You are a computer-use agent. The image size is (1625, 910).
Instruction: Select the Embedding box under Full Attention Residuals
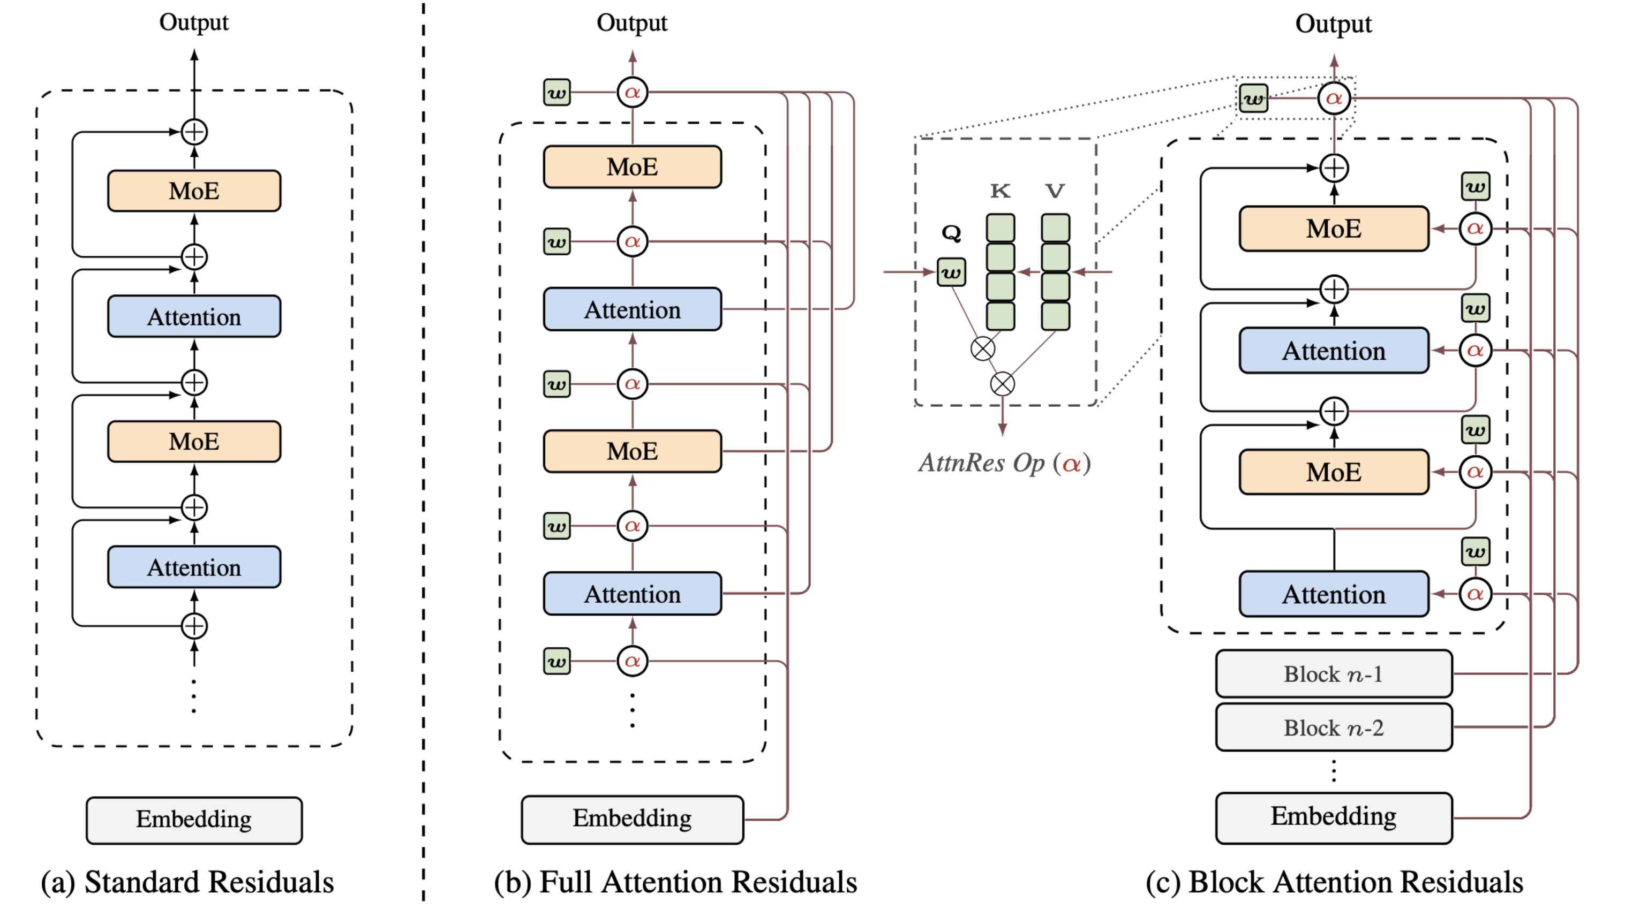coord(632,818)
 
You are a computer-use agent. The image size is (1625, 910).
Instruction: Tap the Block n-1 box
coord(1334,673)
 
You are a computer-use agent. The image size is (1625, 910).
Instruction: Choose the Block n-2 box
coord(1334,727)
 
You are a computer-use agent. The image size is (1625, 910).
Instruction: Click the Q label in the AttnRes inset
coord(951,233)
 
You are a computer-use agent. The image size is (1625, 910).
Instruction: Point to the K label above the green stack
coord(1000,191)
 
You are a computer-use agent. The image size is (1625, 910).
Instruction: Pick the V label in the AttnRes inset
coord(1055,191)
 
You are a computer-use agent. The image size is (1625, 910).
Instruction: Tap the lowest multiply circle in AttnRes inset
coord(1003,383)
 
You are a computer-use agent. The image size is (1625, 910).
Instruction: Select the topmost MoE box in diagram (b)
coord(632,167)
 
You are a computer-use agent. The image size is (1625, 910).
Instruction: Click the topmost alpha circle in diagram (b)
coord(632,93)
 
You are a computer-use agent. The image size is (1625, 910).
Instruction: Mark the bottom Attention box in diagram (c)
coord(1334,594)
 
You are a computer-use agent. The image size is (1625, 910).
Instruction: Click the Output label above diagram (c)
coord(1333,24)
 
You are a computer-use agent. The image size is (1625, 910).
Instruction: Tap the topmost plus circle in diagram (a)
coord(194,132)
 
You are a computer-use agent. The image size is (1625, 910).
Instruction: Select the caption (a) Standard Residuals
coord(187,882)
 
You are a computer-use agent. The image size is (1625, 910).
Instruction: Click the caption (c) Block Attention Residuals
coord(1334,882)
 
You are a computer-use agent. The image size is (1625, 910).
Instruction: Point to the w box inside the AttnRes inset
coord(951,272)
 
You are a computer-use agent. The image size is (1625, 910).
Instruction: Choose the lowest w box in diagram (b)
coord(556,662)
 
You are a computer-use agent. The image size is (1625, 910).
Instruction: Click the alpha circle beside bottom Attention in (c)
coord(1475,594)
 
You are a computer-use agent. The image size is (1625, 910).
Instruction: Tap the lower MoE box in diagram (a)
coord(194,442)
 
